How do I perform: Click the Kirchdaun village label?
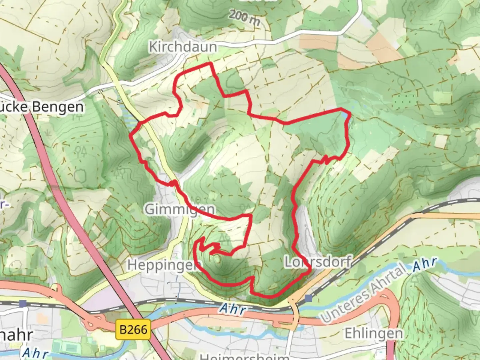pyautogui.click(x=183, y=47)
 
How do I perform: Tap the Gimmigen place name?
pyautogui.click(x=180, y=209)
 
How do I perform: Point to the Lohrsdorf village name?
pyautogui.click(x=318, y=262)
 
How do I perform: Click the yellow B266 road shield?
pyautogui.click(x=133, y=330)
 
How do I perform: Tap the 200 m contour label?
pyautogui.click(x=244, y=18)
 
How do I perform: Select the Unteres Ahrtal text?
pyautogui.click(x=364, y=293)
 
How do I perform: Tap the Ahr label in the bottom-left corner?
pyautogui.click(x=35, y=353)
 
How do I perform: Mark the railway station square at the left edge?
pyautogui.click(x=23, y=303)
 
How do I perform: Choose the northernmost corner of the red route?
pyautogui.click(x=210, y=63)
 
